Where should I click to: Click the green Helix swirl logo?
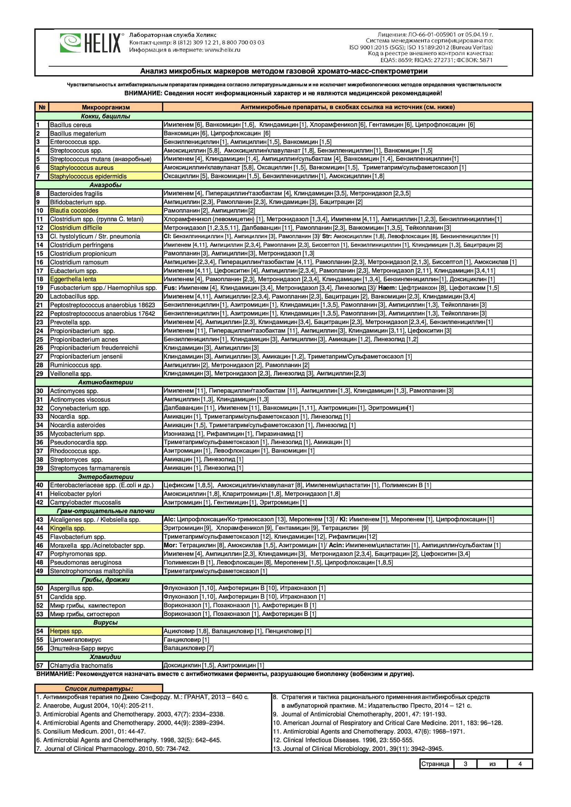tap(70, 43)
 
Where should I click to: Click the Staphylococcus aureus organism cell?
tap(82, 168)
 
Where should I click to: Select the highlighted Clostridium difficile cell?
tap(76, 228)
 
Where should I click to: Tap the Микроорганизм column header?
tap(106, 107)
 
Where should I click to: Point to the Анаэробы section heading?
tap(105, 185)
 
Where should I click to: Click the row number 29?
tap(40, 374)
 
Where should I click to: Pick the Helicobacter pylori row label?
tap(75, 494)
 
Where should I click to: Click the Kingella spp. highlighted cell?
tap(68, 528)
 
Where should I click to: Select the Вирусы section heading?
tap(105, 622)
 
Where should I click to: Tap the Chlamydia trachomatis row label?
tap(81, 665)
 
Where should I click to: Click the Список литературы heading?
tap(99, 689)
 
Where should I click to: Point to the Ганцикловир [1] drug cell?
tap(187, 640)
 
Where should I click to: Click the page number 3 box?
tap(465, 764)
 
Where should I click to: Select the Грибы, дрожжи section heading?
tap(105, 580)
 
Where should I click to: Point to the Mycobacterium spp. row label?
tap(77, 434)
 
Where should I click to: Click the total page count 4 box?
tap(520, 764)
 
